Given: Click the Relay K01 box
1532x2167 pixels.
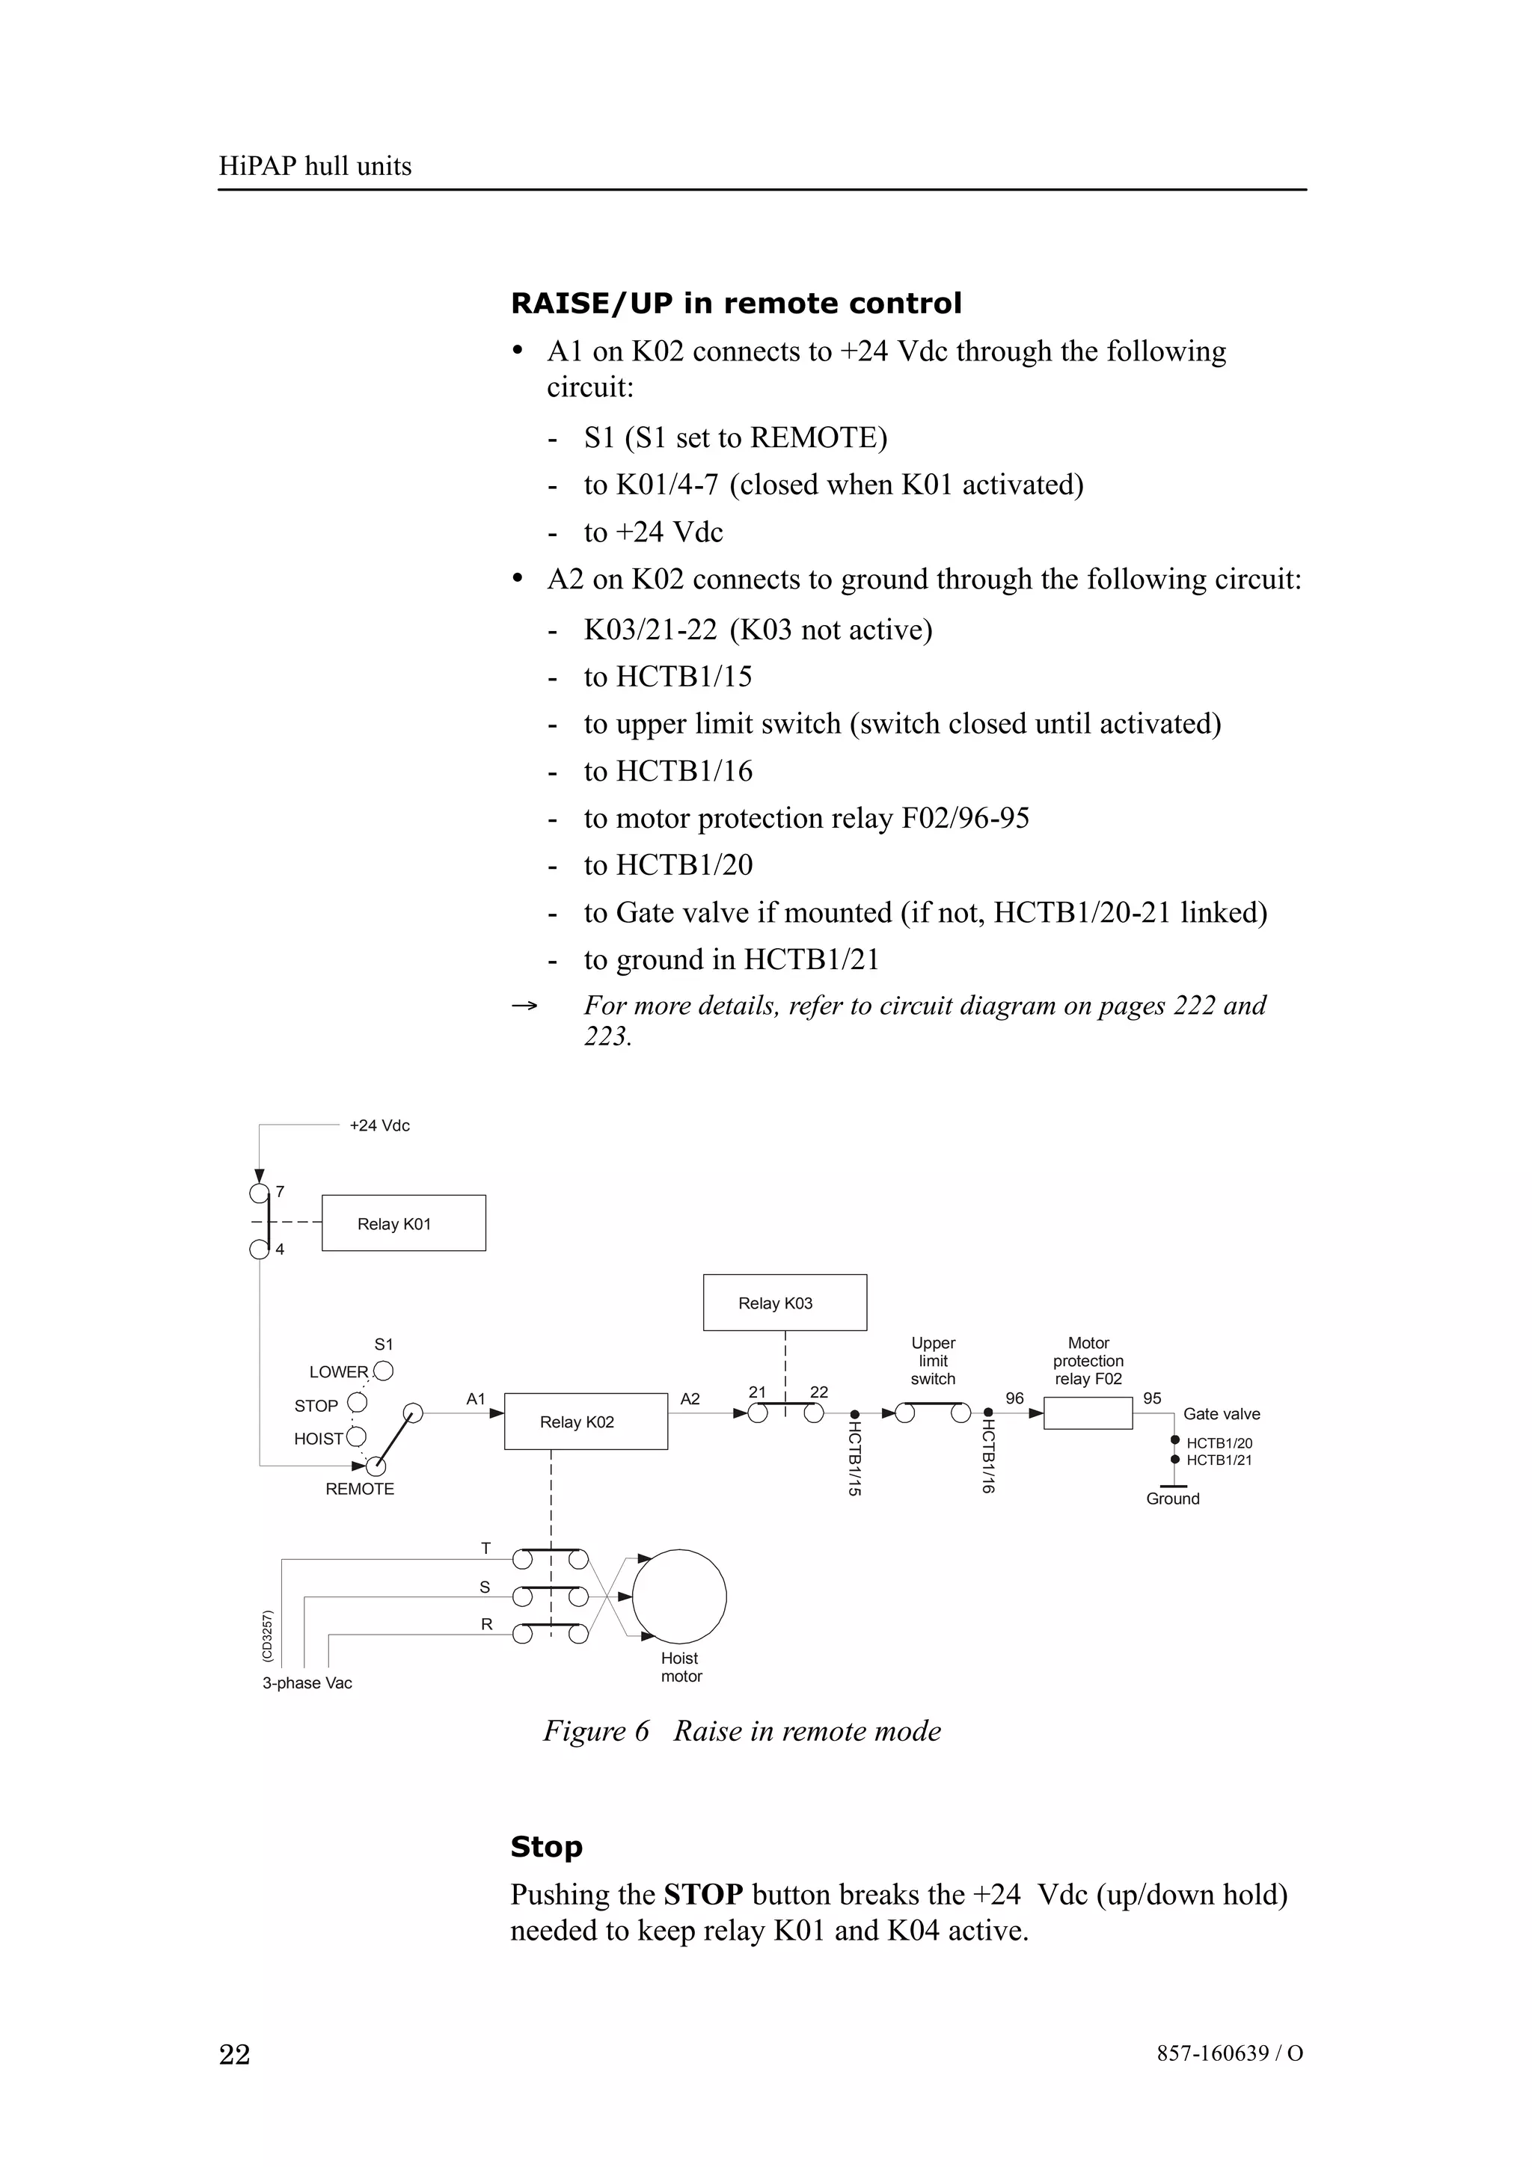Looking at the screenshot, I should tap(403, 1223).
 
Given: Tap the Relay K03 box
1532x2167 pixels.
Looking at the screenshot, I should tap(785, 1303).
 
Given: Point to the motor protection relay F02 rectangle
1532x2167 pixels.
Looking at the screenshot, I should tap(1088, 1413).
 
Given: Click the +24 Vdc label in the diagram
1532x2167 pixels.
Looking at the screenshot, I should tap(379, 1125).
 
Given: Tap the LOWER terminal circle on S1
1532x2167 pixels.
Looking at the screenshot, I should tap(383, 1371).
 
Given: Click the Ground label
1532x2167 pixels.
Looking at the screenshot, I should tap(1172, 1499).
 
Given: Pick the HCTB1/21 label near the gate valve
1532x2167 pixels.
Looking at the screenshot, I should tap(1219, 1460).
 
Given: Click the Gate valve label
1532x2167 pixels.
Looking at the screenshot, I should tap(1222, 1414).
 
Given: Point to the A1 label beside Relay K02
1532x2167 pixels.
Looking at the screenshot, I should tap(476, 1399).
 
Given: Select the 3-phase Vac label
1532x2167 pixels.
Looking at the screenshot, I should tap(307, 1682).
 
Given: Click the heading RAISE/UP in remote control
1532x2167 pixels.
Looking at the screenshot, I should tap(736, 303).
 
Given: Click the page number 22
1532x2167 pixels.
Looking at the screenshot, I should tap(235, 2054).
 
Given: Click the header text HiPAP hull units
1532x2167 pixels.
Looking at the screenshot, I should tap(315, 166).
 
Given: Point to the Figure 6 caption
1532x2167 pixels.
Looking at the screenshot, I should tap(742, 1731).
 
